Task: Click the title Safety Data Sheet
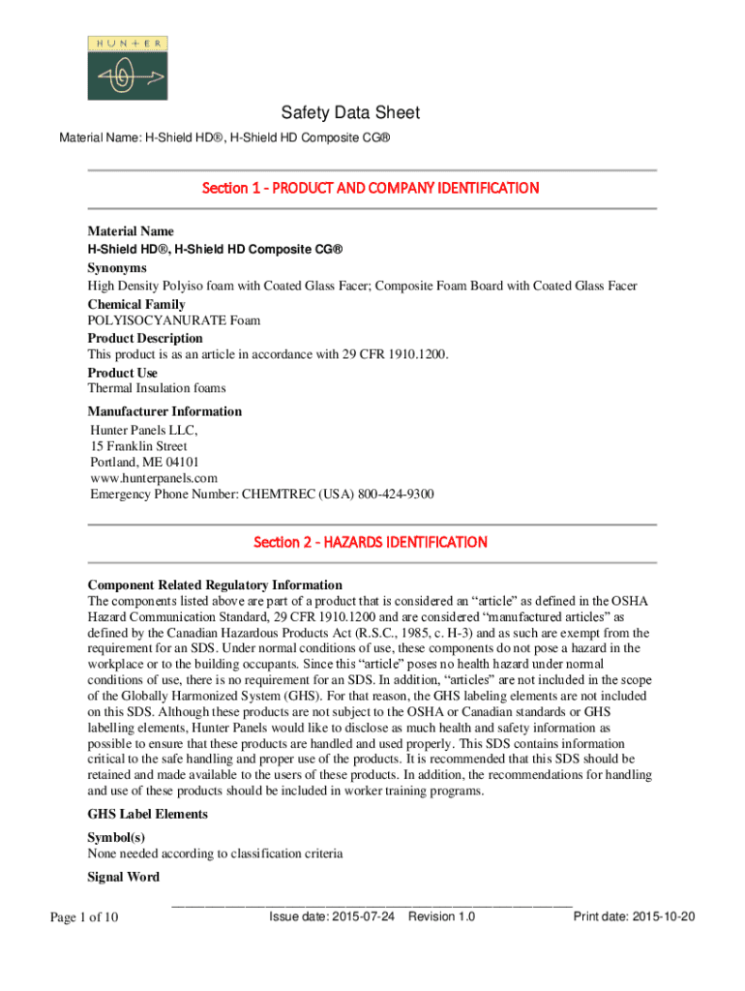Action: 350,113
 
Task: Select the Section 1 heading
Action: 370,188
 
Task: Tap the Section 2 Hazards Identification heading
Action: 370,542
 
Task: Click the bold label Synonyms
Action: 117,267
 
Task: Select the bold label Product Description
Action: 145,338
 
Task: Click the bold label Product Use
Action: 123,373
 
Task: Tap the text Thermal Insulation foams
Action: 157,388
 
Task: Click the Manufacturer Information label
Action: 164,411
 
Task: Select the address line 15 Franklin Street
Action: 138,446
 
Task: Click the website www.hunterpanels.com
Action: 153,478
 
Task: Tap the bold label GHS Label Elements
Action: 147,814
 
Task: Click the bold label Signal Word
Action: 124,878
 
